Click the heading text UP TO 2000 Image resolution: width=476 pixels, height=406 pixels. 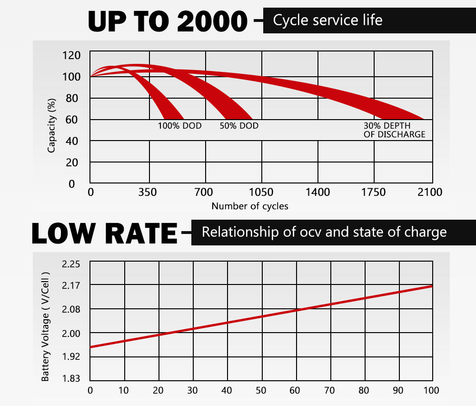pos(168,21)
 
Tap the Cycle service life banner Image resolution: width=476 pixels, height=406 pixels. pos(327,20)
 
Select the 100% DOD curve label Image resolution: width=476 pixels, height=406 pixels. pos(179,126)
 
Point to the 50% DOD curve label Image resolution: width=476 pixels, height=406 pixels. pos(239,126)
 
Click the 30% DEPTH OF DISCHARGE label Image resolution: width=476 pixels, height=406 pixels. pos(394,130)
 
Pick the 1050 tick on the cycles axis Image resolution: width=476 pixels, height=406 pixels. pos(261,193)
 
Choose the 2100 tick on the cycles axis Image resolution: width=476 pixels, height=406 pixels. pos(430,193)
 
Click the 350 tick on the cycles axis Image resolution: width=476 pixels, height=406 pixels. pos(149,193)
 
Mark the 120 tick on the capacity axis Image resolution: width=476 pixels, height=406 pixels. pos(71,55)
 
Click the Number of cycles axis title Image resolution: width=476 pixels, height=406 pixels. pos(250,206)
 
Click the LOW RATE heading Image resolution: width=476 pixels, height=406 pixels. pos(104,233)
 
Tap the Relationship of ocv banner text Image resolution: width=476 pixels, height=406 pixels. pos(324,233)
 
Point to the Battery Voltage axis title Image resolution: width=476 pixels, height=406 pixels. pos(46,326)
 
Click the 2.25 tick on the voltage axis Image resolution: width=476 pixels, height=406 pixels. pos(71,264)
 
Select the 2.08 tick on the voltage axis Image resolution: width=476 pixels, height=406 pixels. pos(71,310)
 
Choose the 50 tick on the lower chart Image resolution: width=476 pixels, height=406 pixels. pos(261,391)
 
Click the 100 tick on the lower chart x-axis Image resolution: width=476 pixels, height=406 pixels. pos(431,391)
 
